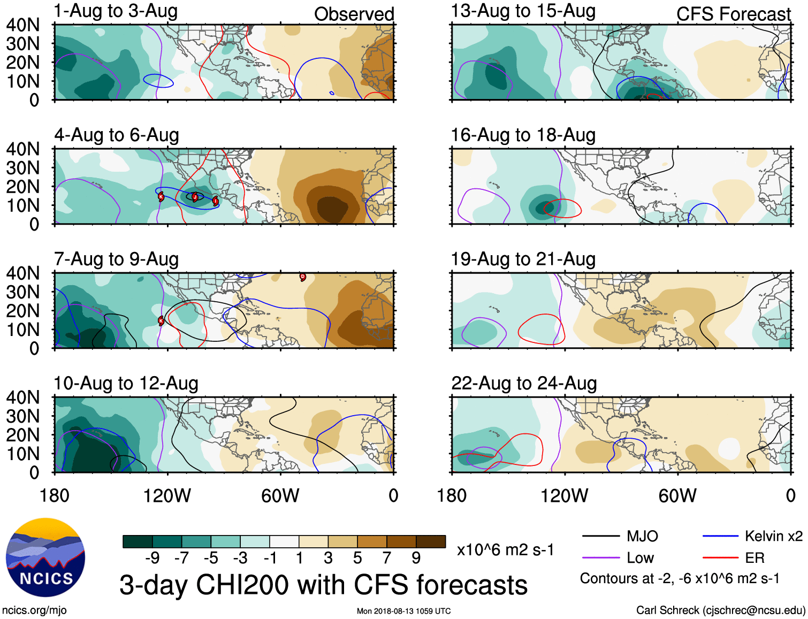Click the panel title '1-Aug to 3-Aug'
point(116,11)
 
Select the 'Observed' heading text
point(354,14)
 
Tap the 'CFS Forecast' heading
point(733,14)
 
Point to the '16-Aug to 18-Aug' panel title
point(523,135)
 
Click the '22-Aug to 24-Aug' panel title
point(524,384)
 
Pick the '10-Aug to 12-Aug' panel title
point(126,384)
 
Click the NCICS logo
point(45,557)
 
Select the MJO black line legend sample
point(600,536)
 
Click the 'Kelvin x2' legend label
point(773,536)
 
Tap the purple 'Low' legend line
point(600,558)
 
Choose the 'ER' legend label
point(754,558)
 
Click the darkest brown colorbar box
point(431,541)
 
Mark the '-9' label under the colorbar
point(152,558)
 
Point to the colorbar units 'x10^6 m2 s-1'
point(505,550)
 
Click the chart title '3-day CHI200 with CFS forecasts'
point(323,585)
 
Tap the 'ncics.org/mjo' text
point(34,610)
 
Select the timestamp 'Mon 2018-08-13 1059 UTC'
point(403,611)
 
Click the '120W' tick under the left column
point(167,496)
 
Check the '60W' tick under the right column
point(677,496)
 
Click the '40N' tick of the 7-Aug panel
point(23,273)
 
